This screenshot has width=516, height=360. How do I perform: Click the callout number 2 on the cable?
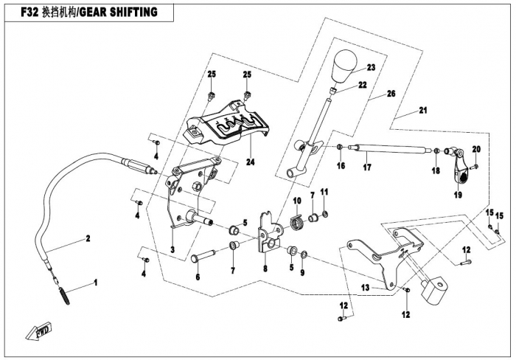87,238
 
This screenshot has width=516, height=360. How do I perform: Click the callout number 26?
391,94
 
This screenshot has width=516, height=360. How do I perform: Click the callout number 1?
94,283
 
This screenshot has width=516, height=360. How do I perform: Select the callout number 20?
475,150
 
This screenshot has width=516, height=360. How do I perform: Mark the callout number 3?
172,250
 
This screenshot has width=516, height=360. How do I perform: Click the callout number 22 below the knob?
363,86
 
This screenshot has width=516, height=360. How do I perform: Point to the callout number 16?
341,167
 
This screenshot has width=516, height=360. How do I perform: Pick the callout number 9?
302,272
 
